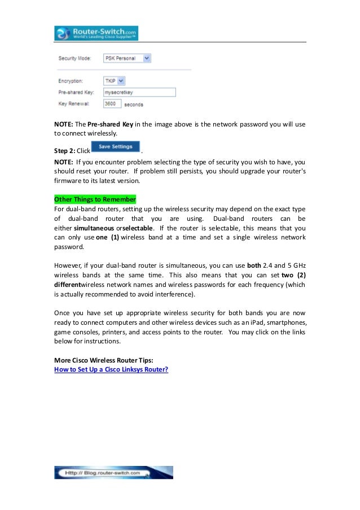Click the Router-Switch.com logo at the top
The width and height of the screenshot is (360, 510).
pos(96,33)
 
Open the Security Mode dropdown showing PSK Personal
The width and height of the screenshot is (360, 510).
pos(127,58)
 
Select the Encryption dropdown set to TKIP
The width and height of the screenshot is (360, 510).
pos(114,81)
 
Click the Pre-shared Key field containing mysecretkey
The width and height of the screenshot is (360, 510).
pos(139,92)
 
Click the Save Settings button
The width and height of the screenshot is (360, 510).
pos(115,147)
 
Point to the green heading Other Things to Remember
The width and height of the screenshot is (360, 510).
pos(95,199)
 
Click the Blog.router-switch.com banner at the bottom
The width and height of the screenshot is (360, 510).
pos(113,472)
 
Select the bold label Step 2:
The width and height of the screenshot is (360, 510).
pos(64,151)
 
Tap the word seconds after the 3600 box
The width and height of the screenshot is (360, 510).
pos(134,104)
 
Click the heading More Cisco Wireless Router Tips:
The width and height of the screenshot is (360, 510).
pos(103,360)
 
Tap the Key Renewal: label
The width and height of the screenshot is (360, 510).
pos(72,104)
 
